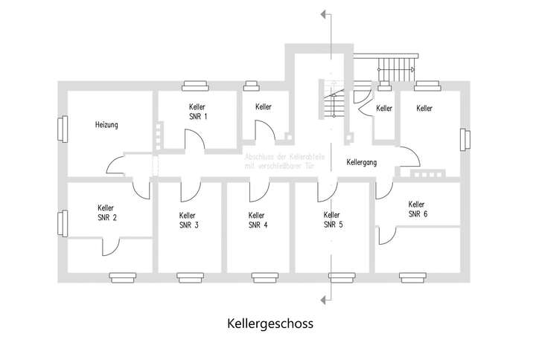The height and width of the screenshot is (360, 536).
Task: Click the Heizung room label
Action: tap(106, 125)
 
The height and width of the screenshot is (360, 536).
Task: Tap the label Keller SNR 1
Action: tap(197, 112)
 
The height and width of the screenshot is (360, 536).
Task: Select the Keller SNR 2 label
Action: tap(106, 213)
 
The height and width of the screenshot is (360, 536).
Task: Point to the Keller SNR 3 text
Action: tap(188, 220)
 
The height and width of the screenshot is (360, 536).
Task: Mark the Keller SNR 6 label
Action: tap(417, 209)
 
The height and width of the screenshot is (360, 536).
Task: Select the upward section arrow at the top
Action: tap(322, 13)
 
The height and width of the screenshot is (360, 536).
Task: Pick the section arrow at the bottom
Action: tap(322, 300)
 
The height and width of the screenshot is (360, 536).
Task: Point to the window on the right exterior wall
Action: tap(465, 140)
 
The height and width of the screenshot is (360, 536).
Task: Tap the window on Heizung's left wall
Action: tap(60, 129)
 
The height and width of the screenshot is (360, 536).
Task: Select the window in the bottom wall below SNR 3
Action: tap(191, 277)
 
